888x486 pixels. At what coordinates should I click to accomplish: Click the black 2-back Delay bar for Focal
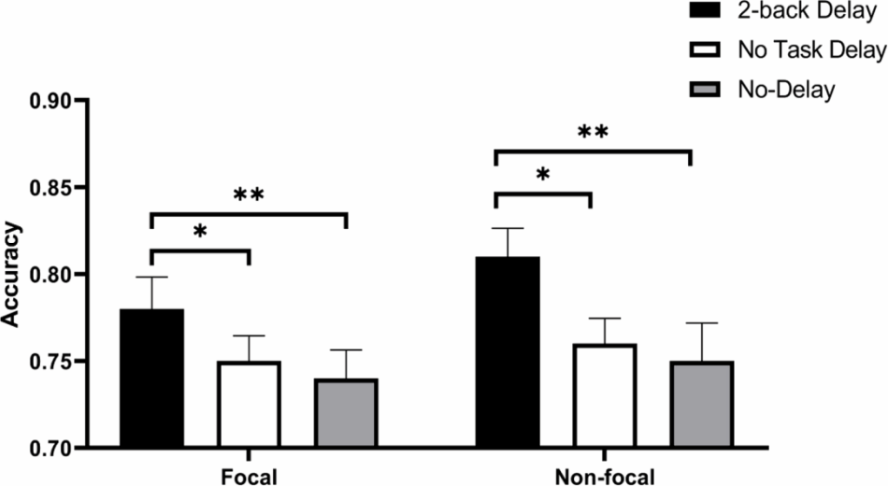coord(151,379)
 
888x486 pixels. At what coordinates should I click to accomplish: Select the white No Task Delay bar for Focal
coord(249,405)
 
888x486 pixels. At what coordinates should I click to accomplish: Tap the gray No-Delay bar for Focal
coord(346,413)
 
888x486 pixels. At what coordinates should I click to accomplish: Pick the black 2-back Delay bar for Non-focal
coord(508,352)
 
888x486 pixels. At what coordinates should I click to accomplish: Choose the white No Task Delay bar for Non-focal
coord(605,395)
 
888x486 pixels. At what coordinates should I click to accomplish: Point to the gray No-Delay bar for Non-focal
coord(702,405)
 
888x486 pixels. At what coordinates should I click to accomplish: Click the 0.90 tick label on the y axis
coord(52,101)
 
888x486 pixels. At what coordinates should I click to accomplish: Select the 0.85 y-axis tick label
coord(52,188)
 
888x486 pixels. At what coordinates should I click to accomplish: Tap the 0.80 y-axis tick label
coord(52,275)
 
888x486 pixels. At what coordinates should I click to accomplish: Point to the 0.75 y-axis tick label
coord(52,362)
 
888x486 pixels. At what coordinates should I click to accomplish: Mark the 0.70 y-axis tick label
coord(52,448)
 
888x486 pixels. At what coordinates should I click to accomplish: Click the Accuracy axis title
coord(10,275)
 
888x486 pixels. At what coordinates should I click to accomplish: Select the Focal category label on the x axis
coord(250,477)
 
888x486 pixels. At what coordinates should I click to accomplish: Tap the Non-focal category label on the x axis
coord(605,477)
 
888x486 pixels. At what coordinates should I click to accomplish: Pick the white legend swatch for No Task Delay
coord(705,50)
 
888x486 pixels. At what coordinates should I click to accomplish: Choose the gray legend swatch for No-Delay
coord(705,89)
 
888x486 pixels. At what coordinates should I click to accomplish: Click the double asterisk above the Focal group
coord(249,194)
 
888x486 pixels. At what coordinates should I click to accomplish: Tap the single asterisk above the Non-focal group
coord(542,174)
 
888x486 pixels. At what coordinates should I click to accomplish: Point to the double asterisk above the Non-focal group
coord(593,133)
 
